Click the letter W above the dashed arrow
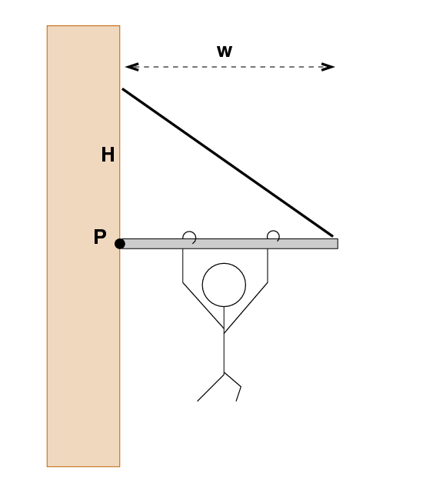[x=225, y=52]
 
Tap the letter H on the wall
[x=108, y=155]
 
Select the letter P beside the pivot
[x=100, y=236]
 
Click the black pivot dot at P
[x=120, y=244]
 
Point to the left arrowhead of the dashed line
[x=132, y=67]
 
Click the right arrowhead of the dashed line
[x=328, y=67]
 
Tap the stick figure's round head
[x=224, y=285]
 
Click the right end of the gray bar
[x=338, y=244]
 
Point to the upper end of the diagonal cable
[x=123, y=89]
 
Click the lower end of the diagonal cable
[x=333, y=235]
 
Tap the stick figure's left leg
[x=211, y=387]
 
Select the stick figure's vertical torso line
[x=224, y=339]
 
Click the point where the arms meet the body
[x=224, y=330]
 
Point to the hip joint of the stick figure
[x=224, y=373]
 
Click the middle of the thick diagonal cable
[x=228, y=162]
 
